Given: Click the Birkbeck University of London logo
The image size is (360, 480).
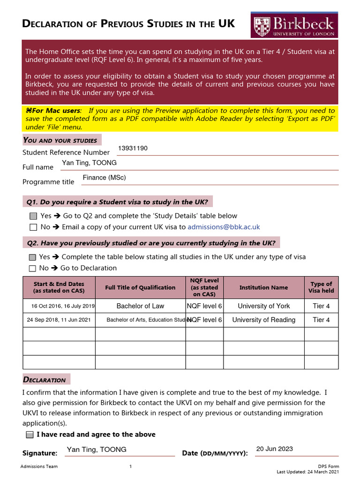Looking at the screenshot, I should [294, 25].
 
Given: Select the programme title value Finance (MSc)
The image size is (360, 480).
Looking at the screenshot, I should [104, 178].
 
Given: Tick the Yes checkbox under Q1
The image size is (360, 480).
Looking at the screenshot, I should [33, 216].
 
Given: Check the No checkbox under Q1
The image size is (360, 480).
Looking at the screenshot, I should [33, 227].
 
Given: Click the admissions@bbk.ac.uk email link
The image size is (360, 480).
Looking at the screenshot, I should [224, 227].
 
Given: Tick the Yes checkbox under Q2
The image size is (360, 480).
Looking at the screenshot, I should [32, 257].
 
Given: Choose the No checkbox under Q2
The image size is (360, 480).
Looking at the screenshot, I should [32, 269].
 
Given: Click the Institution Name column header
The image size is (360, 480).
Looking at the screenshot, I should [263, 287].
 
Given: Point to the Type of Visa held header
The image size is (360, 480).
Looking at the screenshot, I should [321, 287].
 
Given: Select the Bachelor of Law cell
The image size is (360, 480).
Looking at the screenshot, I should [140, 306].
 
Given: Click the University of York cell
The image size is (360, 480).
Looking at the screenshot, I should [263, 306].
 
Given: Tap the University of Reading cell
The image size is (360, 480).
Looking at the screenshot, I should [263, 320].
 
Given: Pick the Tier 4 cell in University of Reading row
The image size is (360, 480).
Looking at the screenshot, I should [321, 320].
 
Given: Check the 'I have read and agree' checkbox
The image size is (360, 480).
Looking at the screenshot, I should [30, 435].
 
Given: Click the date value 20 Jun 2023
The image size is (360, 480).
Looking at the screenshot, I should [274, 449].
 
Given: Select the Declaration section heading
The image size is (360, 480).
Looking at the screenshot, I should [45, 380].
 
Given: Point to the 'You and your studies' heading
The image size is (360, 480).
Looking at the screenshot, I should [60, 140].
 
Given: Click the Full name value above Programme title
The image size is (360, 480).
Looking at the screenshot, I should [89, 163].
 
